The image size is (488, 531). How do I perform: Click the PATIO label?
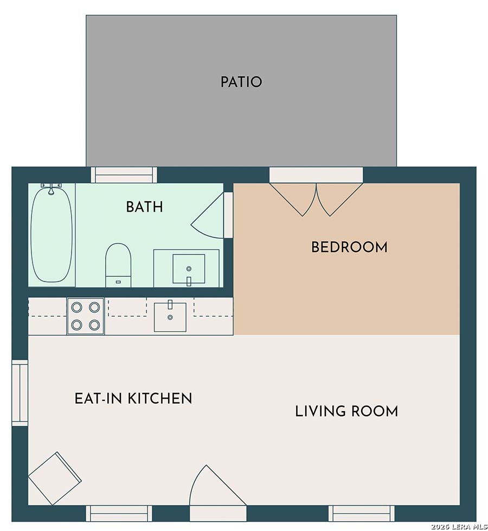pos(241,82)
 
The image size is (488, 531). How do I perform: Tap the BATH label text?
pos(145,207)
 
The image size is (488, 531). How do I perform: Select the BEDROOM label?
pos(349,247)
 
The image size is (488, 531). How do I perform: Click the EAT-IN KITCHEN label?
pos(133,398)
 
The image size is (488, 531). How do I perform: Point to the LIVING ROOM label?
pos(346,412)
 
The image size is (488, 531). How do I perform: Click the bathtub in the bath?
pos(52,234)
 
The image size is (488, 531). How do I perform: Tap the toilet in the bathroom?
pos(118,265)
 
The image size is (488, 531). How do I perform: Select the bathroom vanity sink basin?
pos(189,268)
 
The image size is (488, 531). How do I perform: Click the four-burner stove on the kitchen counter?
pos(85,316)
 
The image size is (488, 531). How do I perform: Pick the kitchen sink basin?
pos(170,317)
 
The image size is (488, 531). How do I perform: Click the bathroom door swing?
pos(207,216)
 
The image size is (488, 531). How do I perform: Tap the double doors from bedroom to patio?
pos(316,199)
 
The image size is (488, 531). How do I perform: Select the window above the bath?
pos(124,175)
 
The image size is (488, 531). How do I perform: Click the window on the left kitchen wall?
pos(20,393)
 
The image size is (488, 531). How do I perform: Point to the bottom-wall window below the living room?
pos(361,514)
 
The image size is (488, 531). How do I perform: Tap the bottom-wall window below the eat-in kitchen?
pos(119,514)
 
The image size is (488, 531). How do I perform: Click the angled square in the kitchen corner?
pos(55,478)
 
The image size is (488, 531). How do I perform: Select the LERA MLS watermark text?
pos(459,527)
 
